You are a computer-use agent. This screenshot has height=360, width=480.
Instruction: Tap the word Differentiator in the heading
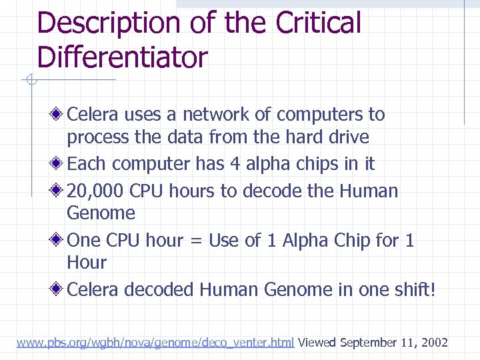tap(123, 57)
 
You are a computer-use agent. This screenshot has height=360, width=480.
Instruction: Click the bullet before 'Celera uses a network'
tap(59, 115)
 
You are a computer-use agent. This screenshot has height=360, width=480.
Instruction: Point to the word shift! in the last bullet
tap(413, 290)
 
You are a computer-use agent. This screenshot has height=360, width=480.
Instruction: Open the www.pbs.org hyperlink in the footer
tap(155, 343)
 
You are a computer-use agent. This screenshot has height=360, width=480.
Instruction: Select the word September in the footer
tap(369, 343)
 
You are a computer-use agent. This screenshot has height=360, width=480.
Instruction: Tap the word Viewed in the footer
tap(317, 343)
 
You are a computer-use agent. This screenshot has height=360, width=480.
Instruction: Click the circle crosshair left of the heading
tap(29, 81)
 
